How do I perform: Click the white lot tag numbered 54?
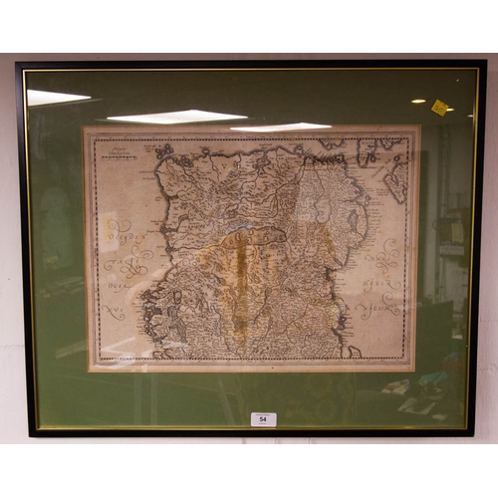click(x=263, y=419)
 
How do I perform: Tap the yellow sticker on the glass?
click(x=439, y=108)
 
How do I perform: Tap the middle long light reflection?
click(x=176, y=117)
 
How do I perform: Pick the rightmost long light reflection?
click(x=281, y=126)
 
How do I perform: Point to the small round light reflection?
click(x=418, y=101)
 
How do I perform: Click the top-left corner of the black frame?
click(x=18, y=64)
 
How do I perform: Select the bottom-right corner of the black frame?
click(x=474, y=433)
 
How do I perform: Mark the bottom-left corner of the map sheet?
click(x=90, y=369)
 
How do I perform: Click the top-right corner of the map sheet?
click(x=418, y=126)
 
